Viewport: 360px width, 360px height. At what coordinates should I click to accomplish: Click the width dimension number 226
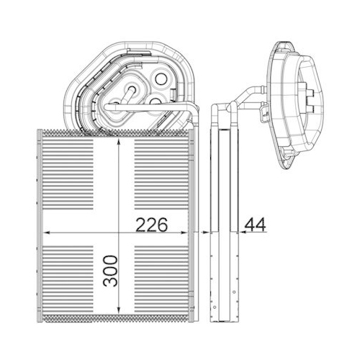151,225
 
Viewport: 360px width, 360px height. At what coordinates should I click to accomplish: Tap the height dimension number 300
109,269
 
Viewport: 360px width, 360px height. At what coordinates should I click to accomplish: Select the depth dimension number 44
254,225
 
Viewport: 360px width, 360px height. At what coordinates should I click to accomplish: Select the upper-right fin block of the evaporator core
163,173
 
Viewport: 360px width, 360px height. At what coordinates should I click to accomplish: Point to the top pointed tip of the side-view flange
277,45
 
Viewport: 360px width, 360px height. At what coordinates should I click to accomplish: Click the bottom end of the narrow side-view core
223,319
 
